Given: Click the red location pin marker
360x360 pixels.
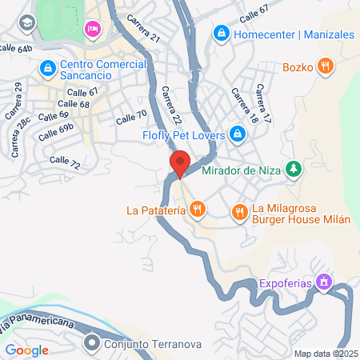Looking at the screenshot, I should [180, 163].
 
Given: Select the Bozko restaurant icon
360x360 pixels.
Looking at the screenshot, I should [325, 67].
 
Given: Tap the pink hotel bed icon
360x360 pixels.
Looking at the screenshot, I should [92, 30].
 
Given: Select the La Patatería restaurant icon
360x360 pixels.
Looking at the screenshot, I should [198, 210].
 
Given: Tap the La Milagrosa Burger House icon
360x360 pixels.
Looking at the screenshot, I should [239, 212].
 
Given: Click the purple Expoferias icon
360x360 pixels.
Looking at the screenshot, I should [323, 282].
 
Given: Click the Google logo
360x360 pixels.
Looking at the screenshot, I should [26, 350].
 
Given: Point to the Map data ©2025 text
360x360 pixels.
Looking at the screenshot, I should [326, 353].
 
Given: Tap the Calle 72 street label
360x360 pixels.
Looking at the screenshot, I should [65, 161].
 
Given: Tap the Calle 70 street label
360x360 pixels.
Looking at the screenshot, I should [131, 116].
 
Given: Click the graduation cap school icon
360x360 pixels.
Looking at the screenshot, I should [27, 23].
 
